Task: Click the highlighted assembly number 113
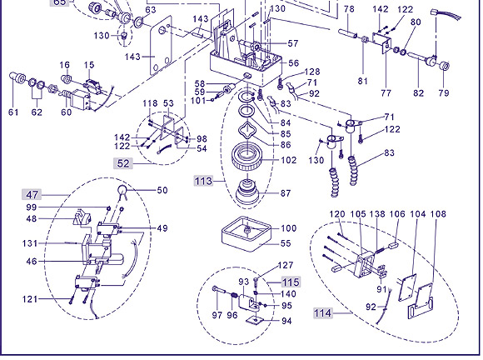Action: [x=203, y=181]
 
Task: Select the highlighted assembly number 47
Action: [x=32, y=195]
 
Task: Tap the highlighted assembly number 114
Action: [x=322, y=313]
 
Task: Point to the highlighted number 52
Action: [x=123, y=163]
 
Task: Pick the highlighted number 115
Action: [x=291, y=282]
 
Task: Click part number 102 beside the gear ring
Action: [x=289, y=160]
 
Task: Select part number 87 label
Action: [x=286, y=193]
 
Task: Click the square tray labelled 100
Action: [x=246, y=233]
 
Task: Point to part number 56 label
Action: [x=294, y=63]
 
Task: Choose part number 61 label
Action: [x=13, y=112]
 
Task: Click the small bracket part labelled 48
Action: [x=82, y=217]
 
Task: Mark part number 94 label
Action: [x=286, y=321]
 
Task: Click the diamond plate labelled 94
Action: [x=255, y=321]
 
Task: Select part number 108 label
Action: [x=438, y=214]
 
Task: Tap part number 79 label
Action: [x=444, y=92]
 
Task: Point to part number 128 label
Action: [x=312, y=72]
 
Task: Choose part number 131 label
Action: [x=30, y=243]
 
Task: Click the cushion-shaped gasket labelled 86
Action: [x=248, y=131]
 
